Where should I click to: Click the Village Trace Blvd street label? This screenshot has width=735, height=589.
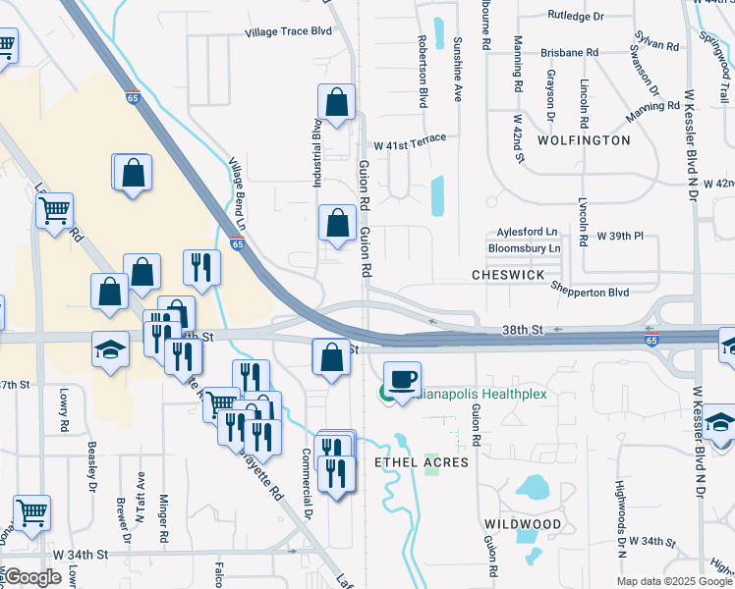pos(288,31)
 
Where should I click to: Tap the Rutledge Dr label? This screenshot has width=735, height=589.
pos(577,16)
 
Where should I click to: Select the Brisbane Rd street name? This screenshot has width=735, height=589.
pos(569,51)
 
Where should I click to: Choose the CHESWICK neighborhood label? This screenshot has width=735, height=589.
pos(507,276)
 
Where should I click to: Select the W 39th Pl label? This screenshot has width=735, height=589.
pos(620,238)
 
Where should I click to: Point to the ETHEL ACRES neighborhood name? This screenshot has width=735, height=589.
pos(418,461)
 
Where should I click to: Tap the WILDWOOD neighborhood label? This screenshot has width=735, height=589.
pos(523,524)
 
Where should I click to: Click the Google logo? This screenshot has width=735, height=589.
pos(32,578)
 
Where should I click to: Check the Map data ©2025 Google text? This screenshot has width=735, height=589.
pos(674,581)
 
